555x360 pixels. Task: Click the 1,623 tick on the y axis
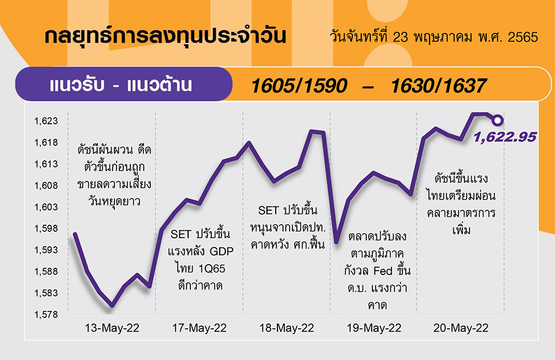pos(46,121)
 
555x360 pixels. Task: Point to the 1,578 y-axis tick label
pos(46,315)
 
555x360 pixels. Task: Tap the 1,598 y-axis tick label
pos(46,229)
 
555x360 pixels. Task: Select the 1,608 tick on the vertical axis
pos(46,185)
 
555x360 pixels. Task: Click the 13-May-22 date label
pos(112,328)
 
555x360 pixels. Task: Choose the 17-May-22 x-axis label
pos(199,328)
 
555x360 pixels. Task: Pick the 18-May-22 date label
pos(287,328)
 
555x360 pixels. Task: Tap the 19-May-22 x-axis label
pos(374,328)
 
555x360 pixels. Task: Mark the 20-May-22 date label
pos(461,328)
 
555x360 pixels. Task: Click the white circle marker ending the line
pos(497,120)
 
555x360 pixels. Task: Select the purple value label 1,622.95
pos(504,137)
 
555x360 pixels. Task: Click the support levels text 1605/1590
pos(299,86)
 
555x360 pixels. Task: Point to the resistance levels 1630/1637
pos(439,86)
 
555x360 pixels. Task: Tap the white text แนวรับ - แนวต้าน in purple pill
pos(120,85)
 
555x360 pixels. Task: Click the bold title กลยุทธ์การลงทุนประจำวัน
pos(165,36)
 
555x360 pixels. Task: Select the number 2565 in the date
pos(523,37)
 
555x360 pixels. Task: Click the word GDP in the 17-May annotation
pos(222,251)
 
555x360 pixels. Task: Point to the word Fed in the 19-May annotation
pos(384,271)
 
